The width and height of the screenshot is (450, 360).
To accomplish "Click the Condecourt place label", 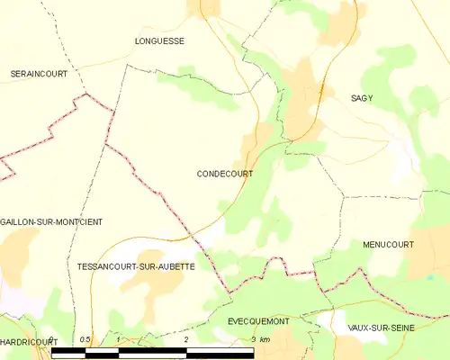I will point(224,175).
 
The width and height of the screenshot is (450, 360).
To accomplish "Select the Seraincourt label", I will point(39,74).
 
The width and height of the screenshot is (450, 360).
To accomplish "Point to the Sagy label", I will point(362,97).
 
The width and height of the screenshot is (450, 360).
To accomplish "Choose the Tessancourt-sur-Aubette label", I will point(136,267).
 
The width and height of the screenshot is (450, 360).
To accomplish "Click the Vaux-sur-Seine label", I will point(381,328).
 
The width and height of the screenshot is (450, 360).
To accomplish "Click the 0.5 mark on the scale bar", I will point(85,339).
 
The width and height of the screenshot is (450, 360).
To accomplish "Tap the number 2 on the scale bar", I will point(186,339).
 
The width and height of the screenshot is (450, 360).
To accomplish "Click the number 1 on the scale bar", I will point(119,339).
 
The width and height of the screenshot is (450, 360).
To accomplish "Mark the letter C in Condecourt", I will point(200,175).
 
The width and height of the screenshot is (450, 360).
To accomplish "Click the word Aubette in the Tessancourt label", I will point(175,267).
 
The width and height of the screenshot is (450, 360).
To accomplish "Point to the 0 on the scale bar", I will point(51,339).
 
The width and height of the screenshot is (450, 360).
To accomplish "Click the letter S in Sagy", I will point(352,97).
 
